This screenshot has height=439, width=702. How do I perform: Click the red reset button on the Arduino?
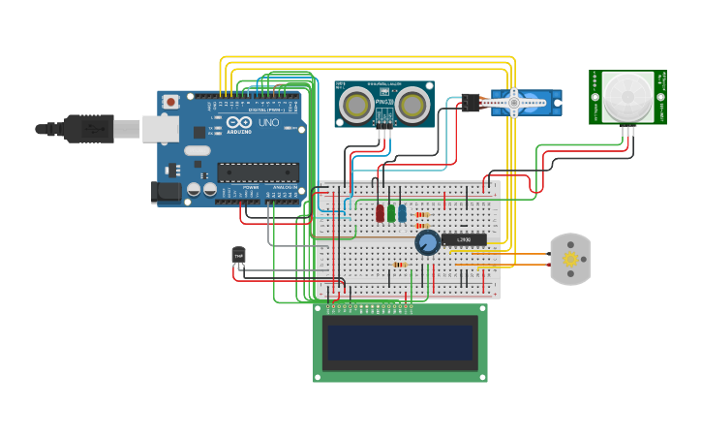tap(171, 101)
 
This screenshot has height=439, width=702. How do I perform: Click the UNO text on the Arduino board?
tap(267, 123)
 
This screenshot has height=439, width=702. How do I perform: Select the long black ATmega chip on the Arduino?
tap(258, 172)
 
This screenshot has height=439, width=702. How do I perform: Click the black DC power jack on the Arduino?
tap(168, 192)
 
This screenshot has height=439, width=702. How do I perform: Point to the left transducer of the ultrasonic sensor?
tap(356, 104)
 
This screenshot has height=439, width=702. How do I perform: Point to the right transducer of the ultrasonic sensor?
tap(412, 104)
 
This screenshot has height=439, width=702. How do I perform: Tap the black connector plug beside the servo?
tap(471, 102)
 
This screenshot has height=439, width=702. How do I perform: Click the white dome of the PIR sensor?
tap(627, 95)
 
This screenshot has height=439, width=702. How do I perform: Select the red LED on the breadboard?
tap(380, 212)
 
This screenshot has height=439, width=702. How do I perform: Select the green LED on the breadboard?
tap(391, 212)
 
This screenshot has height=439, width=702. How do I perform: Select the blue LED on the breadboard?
tap(402, 212)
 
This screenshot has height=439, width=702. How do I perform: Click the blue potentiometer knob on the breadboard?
tap(427, 242)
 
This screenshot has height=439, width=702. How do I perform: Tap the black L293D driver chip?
tap(464, 239)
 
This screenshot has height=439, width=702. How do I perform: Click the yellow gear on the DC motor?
tap(570, 259)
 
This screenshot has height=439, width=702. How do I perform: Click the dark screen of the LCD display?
tap(400, 342)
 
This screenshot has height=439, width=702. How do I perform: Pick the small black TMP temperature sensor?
tap(238, 256)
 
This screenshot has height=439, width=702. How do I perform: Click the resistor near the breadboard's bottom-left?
tap(399, 265)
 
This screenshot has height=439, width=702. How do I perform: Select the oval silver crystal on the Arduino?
tap(197, 150)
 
